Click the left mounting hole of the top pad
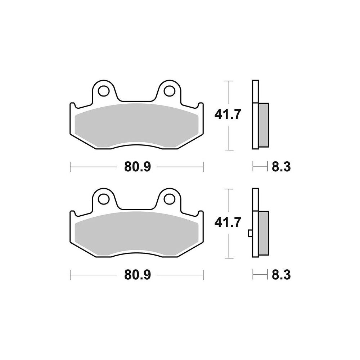103,91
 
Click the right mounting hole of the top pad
170,91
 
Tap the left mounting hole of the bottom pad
103,199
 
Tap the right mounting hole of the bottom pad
170,199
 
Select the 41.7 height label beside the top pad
228,114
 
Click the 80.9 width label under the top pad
138,167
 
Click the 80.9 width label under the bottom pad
138,275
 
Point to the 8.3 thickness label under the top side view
281,167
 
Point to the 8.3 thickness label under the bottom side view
281,275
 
